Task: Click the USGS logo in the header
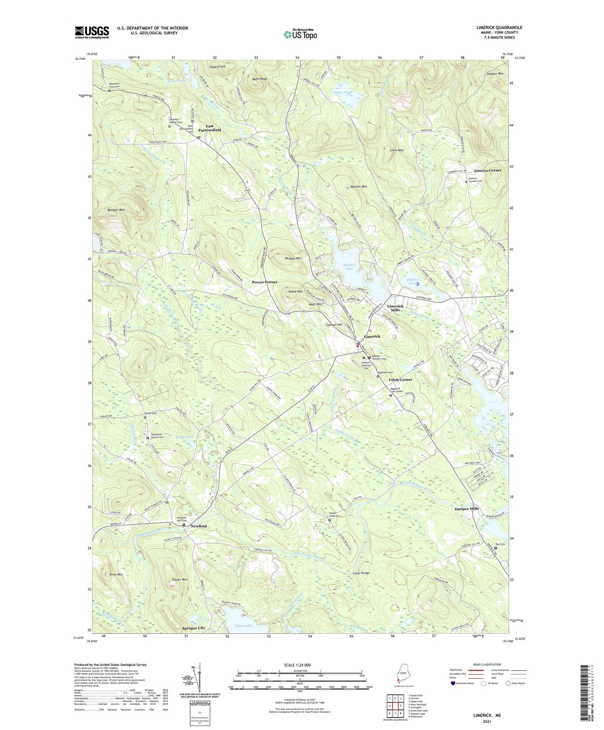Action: [92, 32]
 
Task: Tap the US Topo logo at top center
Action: [300, 34]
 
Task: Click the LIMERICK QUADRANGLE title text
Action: [499, 28]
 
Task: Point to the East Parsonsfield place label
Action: [209, 128]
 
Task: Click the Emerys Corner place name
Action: [487, 171]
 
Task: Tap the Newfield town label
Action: [199, 526]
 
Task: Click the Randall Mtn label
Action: [116, 209]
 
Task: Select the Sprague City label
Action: [194, 628]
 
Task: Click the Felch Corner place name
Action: [400, 380]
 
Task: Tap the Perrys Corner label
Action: [264, 282]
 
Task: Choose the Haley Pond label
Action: [343, 92]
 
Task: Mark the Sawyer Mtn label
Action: [494, 74]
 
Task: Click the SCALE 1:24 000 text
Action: [297, 665]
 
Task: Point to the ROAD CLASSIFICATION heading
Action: [486, 664]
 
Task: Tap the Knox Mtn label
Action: [116, 575]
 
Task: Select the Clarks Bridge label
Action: [361, 573]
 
